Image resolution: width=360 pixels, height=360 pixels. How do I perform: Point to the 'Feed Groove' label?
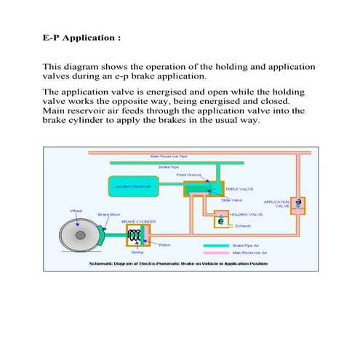(189, 175)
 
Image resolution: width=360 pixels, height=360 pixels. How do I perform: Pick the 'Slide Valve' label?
(231, 200)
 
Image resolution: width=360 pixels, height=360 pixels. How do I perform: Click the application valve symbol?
(297, 204)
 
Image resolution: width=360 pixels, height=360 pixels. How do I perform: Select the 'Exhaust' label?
(243, 226)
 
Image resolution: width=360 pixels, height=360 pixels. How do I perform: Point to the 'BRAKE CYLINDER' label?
(137, 221)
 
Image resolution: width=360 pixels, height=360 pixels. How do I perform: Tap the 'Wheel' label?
(76, 211)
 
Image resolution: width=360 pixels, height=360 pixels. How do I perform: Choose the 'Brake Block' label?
(108, 215)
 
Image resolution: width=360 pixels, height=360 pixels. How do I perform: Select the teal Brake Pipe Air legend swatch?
(218, 246)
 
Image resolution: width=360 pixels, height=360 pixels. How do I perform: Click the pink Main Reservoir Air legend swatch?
(218, 252)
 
